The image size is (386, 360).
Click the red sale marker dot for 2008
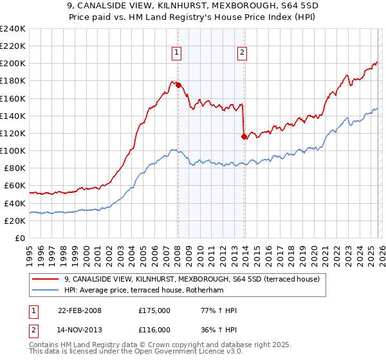tap(178, 85)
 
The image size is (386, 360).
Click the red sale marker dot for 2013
tap(243, 136)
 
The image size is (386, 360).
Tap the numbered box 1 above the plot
tap(176, 53)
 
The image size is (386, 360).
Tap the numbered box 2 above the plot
tap(242, 53)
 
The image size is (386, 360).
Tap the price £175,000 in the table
tap(154, 310)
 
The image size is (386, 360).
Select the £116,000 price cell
tap(154, 329)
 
